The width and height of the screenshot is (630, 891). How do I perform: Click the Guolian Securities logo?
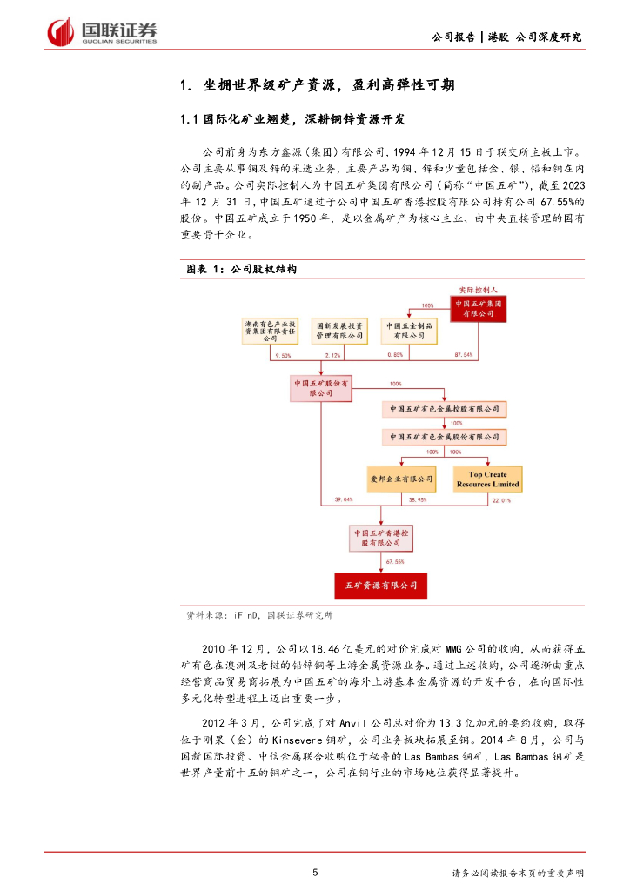[102, 31]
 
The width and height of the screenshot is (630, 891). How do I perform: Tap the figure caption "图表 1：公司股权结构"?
[242, 270]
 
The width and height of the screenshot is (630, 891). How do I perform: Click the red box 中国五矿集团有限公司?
[478, 308]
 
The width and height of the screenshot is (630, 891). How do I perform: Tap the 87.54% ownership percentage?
[464, 355]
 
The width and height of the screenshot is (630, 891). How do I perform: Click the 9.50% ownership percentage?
[282, 355]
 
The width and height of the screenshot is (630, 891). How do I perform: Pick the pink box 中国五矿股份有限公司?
[321, 387]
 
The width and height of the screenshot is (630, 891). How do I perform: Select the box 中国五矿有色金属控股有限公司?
[444, 408]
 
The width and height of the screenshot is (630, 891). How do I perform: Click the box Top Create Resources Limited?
[487, 479]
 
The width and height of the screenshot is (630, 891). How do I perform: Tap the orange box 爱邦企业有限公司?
[400, 479]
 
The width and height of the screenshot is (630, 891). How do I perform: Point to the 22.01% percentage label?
[501, 500]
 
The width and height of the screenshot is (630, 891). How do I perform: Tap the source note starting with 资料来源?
[259, 614]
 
